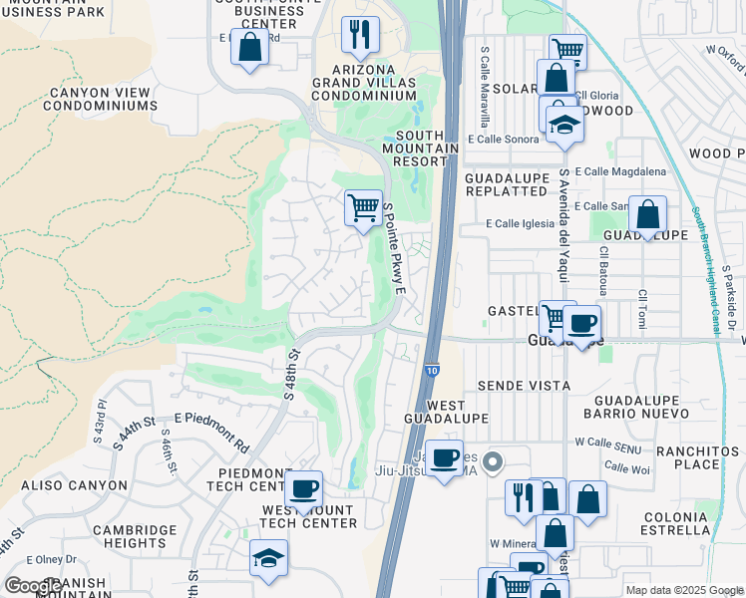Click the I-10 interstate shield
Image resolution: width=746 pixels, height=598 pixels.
point(429,369)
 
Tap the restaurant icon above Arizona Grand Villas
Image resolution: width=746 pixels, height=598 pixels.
point(360,35)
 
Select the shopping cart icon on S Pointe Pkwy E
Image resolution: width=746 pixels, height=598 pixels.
point(363,208)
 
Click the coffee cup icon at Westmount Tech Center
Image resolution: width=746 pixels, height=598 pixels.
point(303,489)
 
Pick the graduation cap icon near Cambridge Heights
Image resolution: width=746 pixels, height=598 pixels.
point(268,558)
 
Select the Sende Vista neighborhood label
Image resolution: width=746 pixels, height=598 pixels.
point(524,385)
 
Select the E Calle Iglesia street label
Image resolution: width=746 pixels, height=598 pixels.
point(520,224)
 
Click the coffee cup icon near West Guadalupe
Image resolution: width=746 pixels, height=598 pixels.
point(444,458)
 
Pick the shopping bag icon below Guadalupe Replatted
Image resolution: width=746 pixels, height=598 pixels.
point(647,214)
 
